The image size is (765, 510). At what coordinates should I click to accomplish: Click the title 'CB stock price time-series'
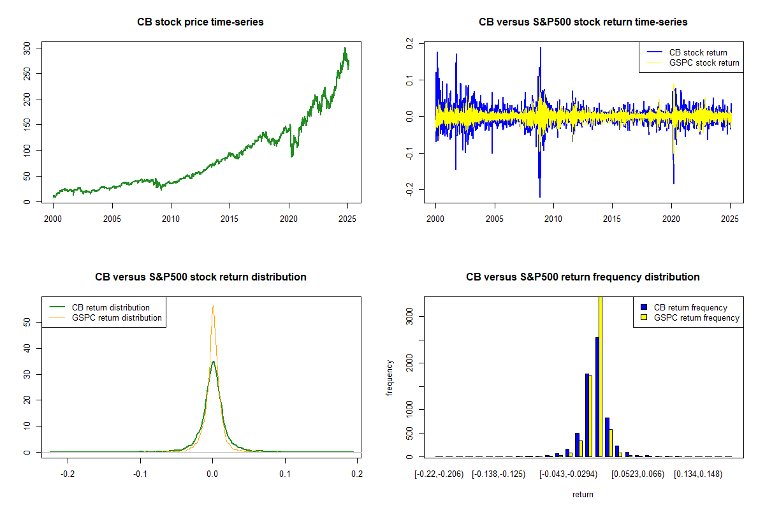[x=200, y=22]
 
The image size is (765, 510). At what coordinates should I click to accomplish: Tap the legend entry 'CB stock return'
[x=697, y=52]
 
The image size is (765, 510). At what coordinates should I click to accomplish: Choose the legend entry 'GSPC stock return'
[x=704, y=62]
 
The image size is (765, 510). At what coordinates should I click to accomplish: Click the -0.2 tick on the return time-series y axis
[x=408, y=189]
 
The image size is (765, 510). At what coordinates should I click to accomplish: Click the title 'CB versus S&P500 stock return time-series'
[x=583, y=22]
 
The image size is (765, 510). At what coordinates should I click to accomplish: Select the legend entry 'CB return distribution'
[x=111, y=307]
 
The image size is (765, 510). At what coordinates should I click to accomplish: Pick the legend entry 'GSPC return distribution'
[x=117, y=317]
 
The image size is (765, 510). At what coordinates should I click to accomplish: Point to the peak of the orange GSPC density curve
[x=213, y=307]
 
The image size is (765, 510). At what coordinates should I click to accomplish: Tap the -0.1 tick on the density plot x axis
[x=140, y=474]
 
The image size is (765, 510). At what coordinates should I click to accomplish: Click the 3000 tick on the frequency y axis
[x=408, y=316]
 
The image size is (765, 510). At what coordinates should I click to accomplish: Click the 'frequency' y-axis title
[x=390, y=377]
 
